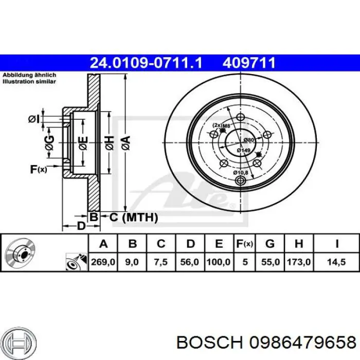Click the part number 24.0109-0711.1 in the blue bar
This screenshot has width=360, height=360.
tap(146, 63)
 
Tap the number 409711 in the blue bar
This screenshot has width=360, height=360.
tap(249, 63)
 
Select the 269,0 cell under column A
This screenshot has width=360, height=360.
tap(103, 262)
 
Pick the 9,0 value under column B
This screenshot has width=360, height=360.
tap(132, 262)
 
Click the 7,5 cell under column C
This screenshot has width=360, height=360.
tap(161, 262)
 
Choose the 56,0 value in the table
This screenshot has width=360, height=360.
tap(190, 262)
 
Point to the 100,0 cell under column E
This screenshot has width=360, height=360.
tap(219, 262)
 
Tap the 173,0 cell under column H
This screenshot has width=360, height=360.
tap(299, 262)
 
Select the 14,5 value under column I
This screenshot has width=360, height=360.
tap(336, 262)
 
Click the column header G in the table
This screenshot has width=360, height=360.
tap(270, 243)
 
